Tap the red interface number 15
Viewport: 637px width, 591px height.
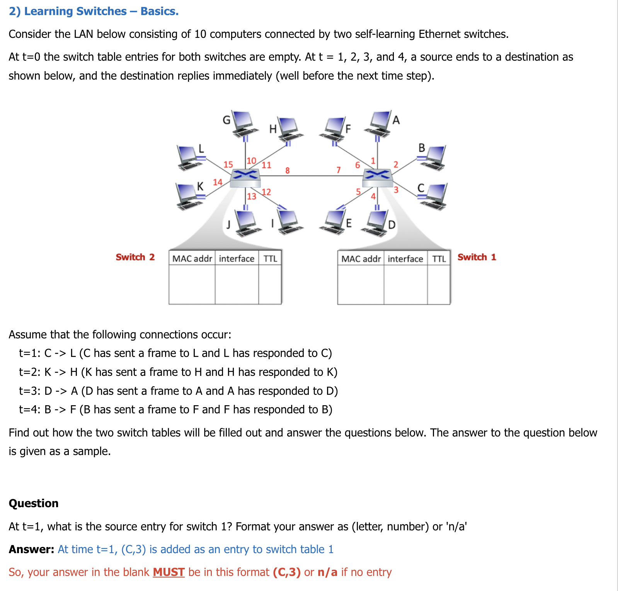(x=228, y=165)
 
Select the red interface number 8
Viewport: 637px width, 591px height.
(x=287, y=170)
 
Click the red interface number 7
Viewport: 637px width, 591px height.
(x=339, y=170)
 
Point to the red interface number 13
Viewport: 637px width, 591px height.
(x=252, y=197)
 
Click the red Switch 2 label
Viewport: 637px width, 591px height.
(x=135, y=257)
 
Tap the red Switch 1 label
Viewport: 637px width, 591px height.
(x=477, y=257)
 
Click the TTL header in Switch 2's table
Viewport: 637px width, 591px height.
(x=270, y=258)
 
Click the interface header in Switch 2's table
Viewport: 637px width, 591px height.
(x=237, y=258)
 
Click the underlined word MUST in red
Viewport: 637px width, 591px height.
(x=169, y=572)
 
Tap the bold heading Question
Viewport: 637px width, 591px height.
(x=34, y=503)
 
